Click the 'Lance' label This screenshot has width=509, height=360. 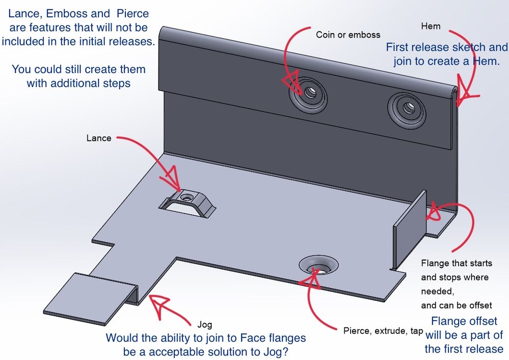tap(98, 138)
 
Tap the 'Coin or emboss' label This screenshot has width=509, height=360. tap(348, 35)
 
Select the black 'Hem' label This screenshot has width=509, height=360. tap(431, 26)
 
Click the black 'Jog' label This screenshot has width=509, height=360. tap(204, 324)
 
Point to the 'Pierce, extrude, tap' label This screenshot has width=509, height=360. tap(383, 331)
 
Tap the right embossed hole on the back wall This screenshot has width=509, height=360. tap(408, 108)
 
